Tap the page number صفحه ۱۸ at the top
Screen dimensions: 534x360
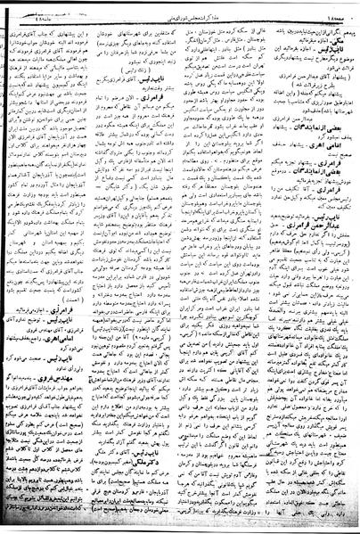[340, 7]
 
